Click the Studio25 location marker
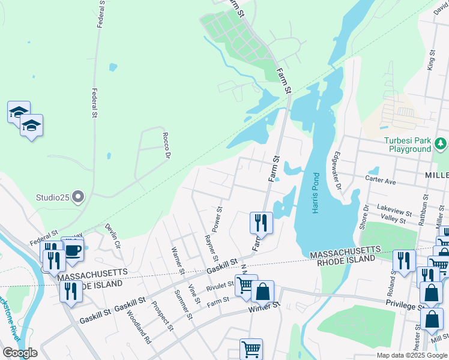78,196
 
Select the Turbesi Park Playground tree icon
441,143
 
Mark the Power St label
218,220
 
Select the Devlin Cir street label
113,237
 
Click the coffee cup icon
73,251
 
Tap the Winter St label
265,307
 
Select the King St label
430,61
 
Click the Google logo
20,353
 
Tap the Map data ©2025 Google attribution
411,355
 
